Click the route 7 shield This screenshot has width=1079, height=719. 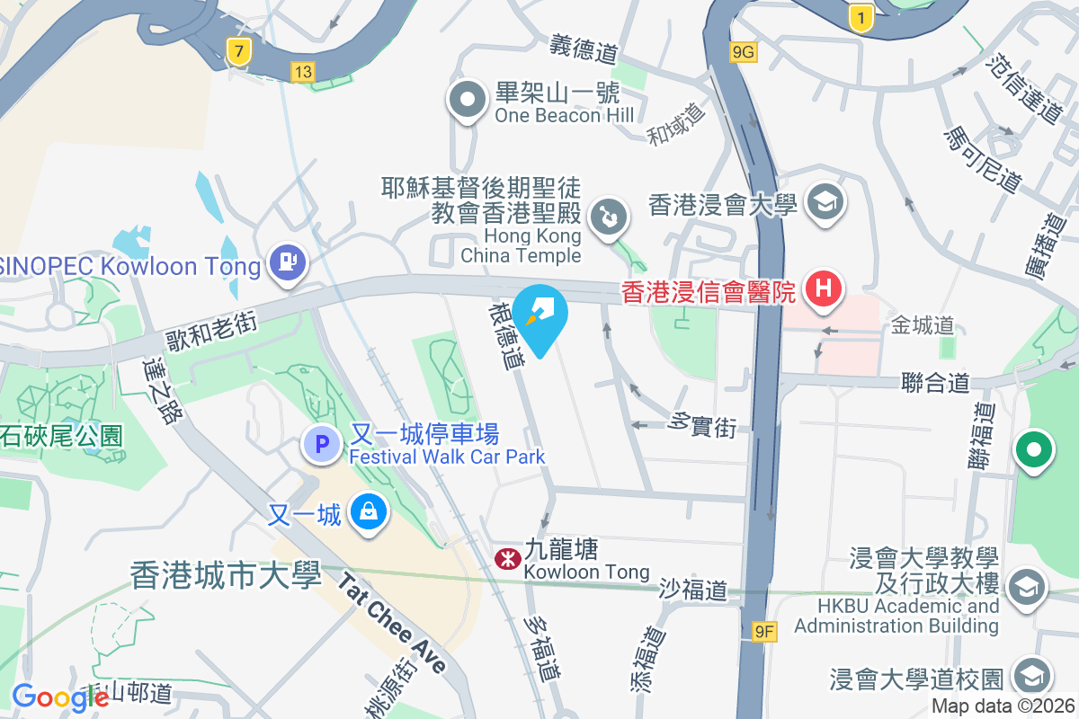click(x=237, y=52)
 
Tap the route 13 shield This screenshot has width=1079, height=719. click(x=303, y=71)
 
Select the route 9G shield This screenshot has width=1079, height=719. click(x=744, y=52)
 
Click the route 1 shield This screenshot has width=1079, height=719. click(x=861, y=17)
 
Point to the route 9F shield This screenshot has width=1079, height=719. click(x=764, y=632)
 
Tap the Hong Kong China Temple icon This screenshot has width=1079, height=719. click(x=608, y=218)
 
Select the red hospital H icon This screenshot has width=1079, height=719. click(x=822, y=289)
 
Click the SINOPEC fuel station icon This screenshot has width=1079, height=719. click(x=288, y=263)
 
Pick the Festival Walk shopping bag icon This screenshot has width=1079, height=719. click(x=368, y=513)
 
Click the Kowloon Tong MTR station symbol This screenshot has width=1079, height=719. click(x=507, y=559)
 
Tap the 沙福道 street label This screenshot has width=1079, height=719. click(x=692, y=590)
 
